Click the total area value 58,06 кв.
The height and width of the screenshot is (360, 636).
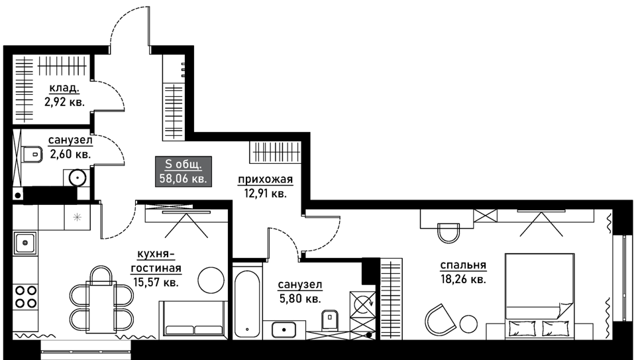[x=184, y=178]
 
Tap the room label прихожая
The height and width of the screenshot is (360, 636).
[x=265, y=180]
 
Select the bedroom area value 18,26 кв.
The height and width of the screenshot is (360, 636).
[x=463, y=280]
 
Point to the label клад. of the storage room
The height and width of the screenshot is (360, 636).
[x=64, y=88]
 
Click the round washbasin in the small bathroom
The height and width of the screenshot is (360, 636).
[x=77, y=178]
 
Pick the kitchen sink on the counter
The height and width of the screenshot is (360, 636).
[x=25, y=243]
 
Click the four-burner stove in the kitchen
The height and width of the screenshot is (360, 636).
[x=26, y=297]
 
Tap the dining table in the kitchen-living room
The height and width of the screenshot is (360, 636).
[x=101, y=307]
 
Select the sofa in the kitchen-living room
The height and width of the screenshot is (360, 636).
[x=193, y=319]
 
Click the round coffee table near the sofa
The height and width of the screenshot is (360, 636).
[x=211, y=280]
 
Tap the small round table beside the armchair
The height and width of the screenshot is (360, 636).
[x=468, y=324]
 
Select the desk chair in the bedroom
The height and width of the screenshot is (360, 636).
[x=449, y=233]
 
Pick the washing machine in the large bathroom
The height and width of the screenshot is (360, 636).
[x=362, y=303]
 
